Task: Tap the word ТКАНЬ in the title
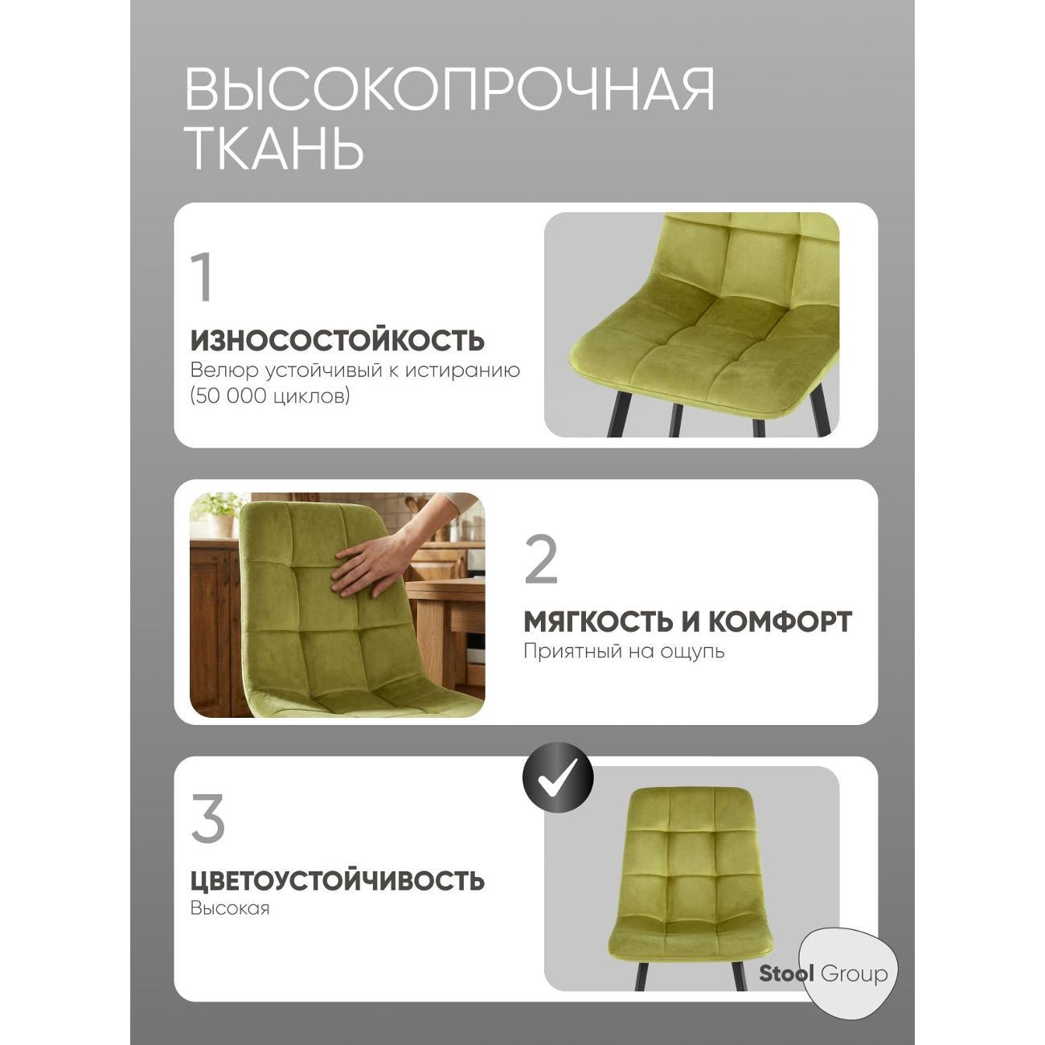[274, 148]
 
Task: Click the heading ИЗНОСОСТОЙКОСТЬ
[338, 340]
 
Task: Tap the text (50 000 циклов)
[270, 396]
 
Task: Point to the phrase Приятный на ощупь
[624, 651]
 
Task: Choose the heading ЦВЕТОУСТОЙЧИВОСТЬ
[338, 880]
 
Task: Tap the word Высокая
[230, 908]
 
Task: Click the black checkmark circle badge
[558, 778]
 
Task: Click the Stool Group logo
[824, 974]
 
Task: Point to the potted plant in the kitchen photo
[218, 513]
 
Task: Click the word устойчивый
[306, 370]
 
